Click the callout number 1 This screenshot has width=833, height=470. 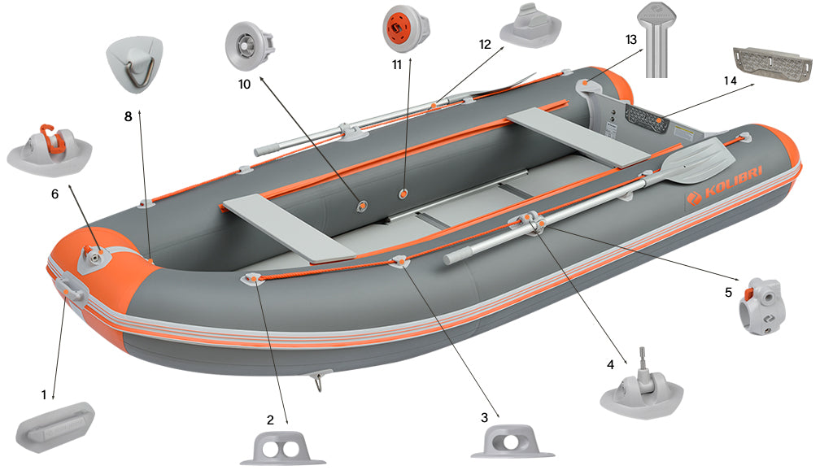(x=44, y=394)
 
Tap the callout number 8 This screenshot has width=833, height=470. (x=128, y=116)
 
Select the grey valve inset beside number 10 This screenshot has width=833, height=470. (x=249, y=46)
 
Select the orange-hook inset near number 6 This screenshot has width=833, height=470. (x=49, y=146)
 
